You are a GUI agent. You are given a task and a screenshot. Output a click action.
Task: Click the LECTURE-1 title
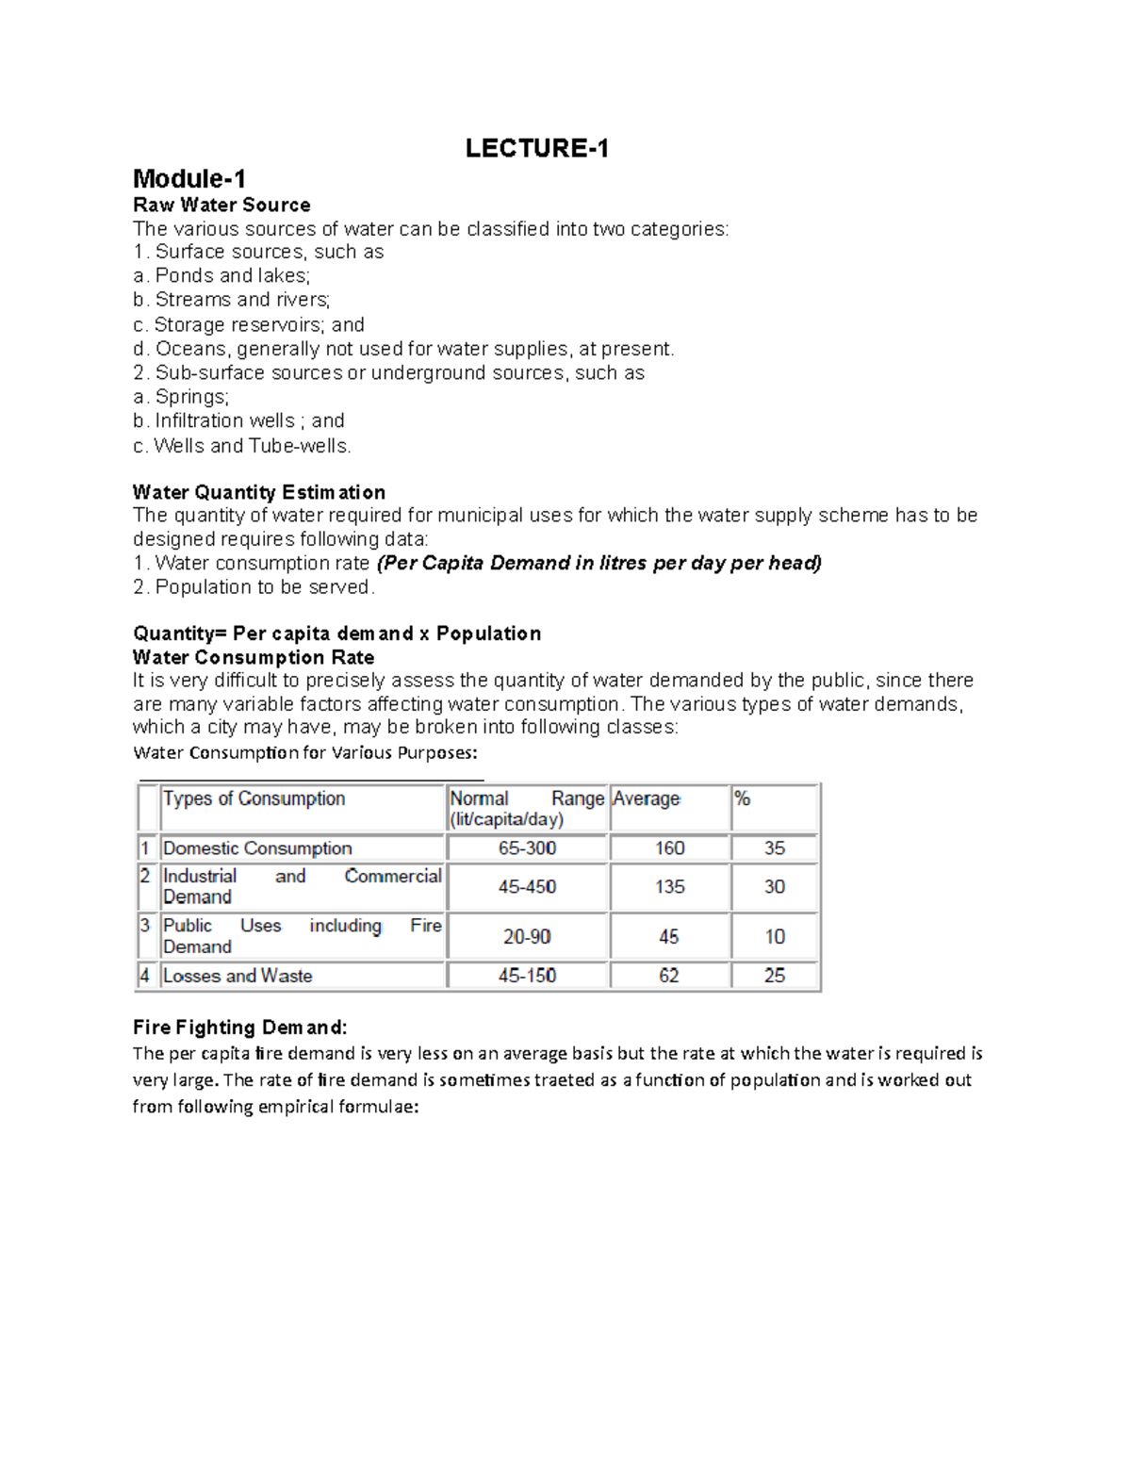tap(536, 148)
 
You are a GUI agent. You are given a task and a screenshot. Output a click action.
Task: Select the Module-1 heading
tap(189, 178)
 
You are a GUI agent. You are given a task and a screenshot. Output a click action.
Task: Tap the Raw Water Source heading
tap(221, 205)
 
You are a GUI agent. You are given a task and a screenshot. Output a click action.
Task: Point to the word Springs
tap(191, 397)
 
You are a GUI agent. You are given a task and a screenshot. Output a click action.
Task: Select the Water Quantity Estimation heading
tap(259, 492)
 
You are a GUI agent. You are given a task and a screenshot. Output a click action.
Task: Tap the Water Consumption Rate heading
tap(254, 657)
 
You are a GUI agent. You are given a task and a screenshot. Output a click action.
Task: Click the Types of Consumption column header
tap(254, 798)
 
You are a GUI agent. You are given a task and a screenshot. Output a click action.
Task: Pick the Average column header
tap(647, 798)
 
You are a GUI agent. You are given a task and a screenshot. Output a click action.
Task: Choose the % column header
tap(743, 798)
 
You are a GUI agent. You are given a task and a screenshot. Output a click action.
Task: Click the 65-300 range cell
tap(528, 848)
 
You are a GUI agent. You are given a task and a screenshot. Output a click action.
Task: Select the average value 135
tap(670, 887)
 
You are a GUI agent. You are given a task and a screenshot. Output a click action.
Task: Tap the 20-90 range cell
tap(527, 937)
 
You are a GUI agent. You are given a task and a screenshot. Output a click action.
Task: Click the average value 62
tap(669, 976)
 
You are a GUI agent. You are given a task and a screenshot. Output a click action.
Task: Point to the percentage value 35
tap(775, 848)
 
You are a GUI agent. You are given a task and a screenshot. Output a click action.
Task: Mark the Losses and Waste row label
tap(238, 976)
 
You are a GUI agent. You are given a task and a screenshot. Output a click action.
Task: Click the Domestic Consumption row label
tap(257, 848)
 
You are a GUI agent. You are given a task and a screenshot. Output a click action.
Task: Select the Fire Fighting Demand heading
tap(240, 1027)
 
